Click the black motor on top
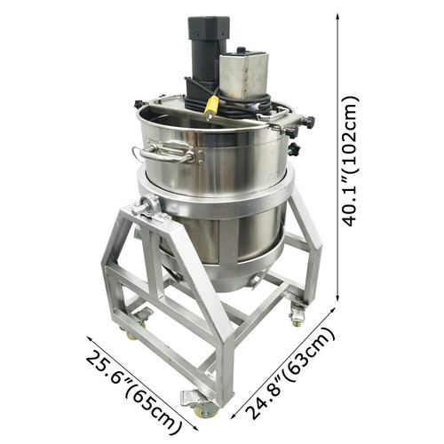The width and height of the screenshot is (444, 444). click(x=205, y=49)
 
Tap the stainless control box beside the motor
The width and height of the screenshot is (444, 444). click(x=244, y=75)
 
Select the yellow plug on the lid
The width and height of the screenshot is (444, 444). click(x=211, y=107)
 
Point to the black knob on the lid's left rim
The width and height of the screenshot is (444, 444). click(x=139, y=105)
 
